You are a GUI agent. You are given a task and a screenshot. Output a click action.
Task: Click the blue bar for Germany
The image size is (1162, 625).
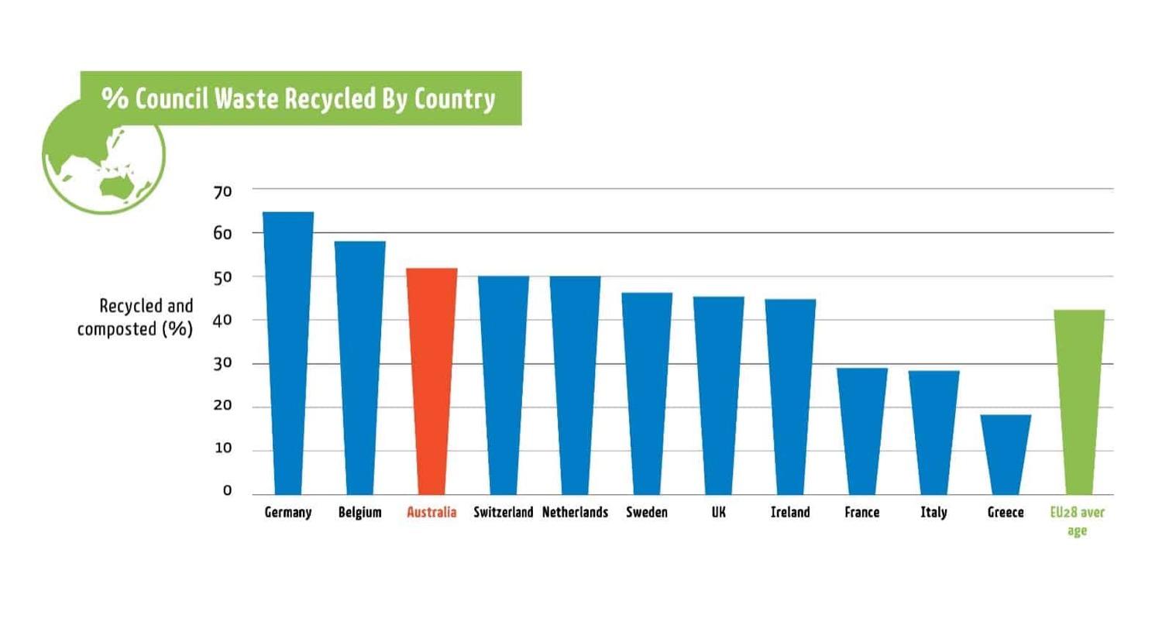pyautogui.click(x=288, y=352)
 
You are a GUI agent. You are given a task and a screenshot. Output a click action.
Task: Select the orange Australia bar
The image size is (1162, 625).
pyautogui.click(x=431, y=379)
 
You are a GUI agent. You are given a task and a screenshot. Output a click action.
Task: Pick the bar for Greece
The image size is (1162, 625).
pyautogui.click(x=1006, y=454)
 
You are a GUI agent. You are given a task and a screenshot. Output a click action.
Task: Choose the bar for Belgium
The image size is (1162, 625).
pyautogui.click(x=360, y=367)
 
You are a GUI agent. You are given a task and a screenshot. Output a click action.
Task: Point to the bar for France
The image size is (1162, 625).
pyautogui.click(x=862, y=431)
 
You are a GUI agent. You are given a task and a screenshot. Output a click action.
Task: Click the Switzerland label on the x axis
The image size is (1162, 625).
pyautogui.click(x=504, y=513)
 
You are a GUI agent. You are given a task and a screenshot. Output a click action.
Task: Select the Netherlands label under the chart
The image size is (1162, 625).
pyautogui.click(x=575, y=513)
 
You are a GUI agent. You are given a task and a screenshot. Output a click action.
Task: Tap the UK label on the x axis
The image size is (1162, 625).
pyautogui.click(x=718, y=513)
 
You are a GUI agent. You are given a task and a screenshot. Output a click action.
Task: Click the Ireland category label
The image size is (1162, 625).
pyautogui.click(x=790, y=513)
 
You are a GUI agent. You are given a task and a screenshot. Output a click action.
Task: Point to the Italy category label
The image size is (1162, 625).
pyautogui.click(x=933, y=513)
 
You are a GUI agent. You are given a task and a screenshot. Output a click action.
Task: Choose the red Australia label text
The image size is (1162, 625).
pyautogui.click(x=431, y=513)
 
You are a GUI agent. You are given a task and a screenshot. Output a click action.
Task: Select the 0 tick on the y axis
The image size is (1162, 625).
pyautogui.click(x=227, y=491)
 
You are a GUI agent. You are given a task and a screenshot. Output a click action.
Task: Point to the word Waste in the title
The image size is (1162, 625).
pyautogui.click(x=259, y=99)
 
